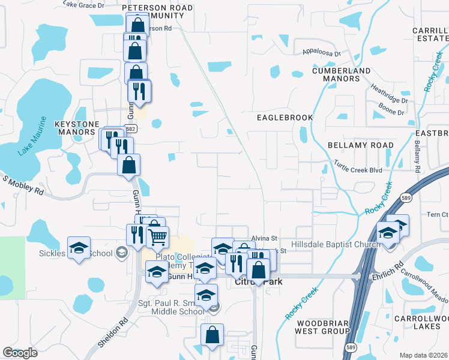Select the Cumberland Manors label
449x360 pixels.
(341, 74)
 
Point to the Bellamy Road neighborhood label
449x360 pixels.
(361, 145)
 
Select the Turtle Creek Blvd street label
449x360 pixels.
(358, 170)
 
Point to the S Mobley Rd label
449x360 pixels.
(23, 185)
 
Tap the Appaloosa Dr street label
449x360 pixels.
(321, 53)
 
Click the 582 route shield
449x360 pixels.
(131, 128)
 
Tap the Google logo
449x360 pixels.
(20, 353)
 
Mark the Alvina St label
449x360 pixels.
(263, 238)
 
